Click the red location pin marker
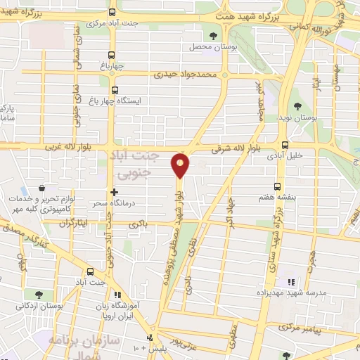[181, 165]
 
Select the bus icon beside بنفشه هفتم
[278, 186]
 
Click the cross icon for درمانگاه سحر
[114, 191]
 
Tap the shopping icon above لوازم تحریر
[44, 190]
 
